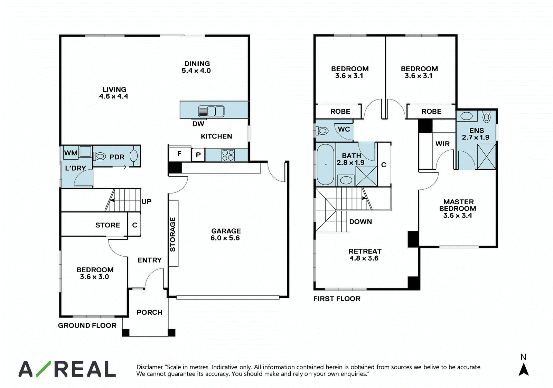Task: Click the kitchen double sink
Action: click(211, 111)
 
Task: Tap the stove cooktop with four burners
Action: click(228, 155)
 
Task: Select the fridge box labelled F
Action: click(179, 154)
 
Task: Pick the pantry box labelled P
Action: click(198, 155)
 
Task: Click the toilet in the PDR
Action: click(100, 156)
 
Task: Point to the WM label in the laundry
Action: click(71, 153)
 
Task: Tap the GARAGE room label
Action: click(226, 231)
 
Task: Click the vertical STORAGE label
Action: click(173, 234)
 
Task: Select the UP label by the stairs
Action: click(147, 202)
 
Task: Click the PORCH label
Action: click(149, 312)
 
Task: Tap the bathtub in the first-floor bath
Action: click(325, 164)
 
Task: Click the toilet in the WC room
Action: click(322, 131)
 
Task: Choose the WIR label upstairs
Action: click(442, 144)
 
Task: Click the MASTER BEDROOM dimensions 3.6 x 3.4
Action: click(458, 216)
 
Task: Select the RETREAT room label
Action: click(365, 251)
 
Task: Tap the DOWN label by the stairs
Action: click(360, 222)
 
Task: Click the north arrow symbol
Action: click(523, 369)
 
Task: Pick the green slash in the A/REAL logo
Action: click(44, 369)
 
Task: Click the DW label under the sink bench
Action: click(198, 124)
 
